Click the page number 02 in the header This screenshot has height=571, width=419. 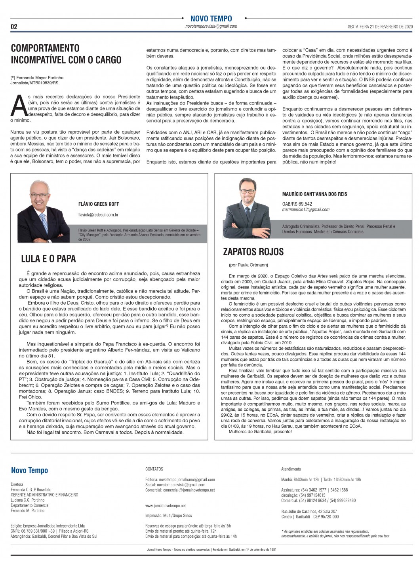pos(14,27)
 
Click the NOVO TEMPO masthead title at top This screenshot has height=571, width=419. pos(211,19)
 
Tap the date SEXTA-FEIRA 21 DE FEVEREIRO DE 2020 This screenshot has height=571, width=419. pos(380,27)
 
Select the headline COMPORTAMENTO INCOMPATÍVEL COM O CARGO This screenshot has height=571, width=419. pos(66,54)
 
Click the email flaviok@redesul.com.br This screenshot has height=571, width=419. pos(99,214)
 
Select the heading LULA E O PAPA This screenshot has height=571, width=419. pos(48,259)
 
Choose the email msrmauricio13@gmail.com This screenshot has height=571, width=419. pos(306,209)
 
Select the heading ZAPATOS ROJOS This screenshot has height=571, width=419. pos(253,252)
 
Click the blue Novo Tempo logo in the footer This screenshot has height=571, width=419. pos(29,470)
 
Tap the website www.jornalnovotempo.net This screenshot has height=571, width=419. pos(166,505)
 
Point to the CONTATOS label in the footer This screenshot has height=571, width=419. pos(154,469)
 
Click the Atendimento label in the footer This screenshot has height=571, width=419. pos(291,469)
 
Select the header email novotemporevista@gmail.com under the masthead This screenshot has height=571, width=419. pos(211,27)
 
